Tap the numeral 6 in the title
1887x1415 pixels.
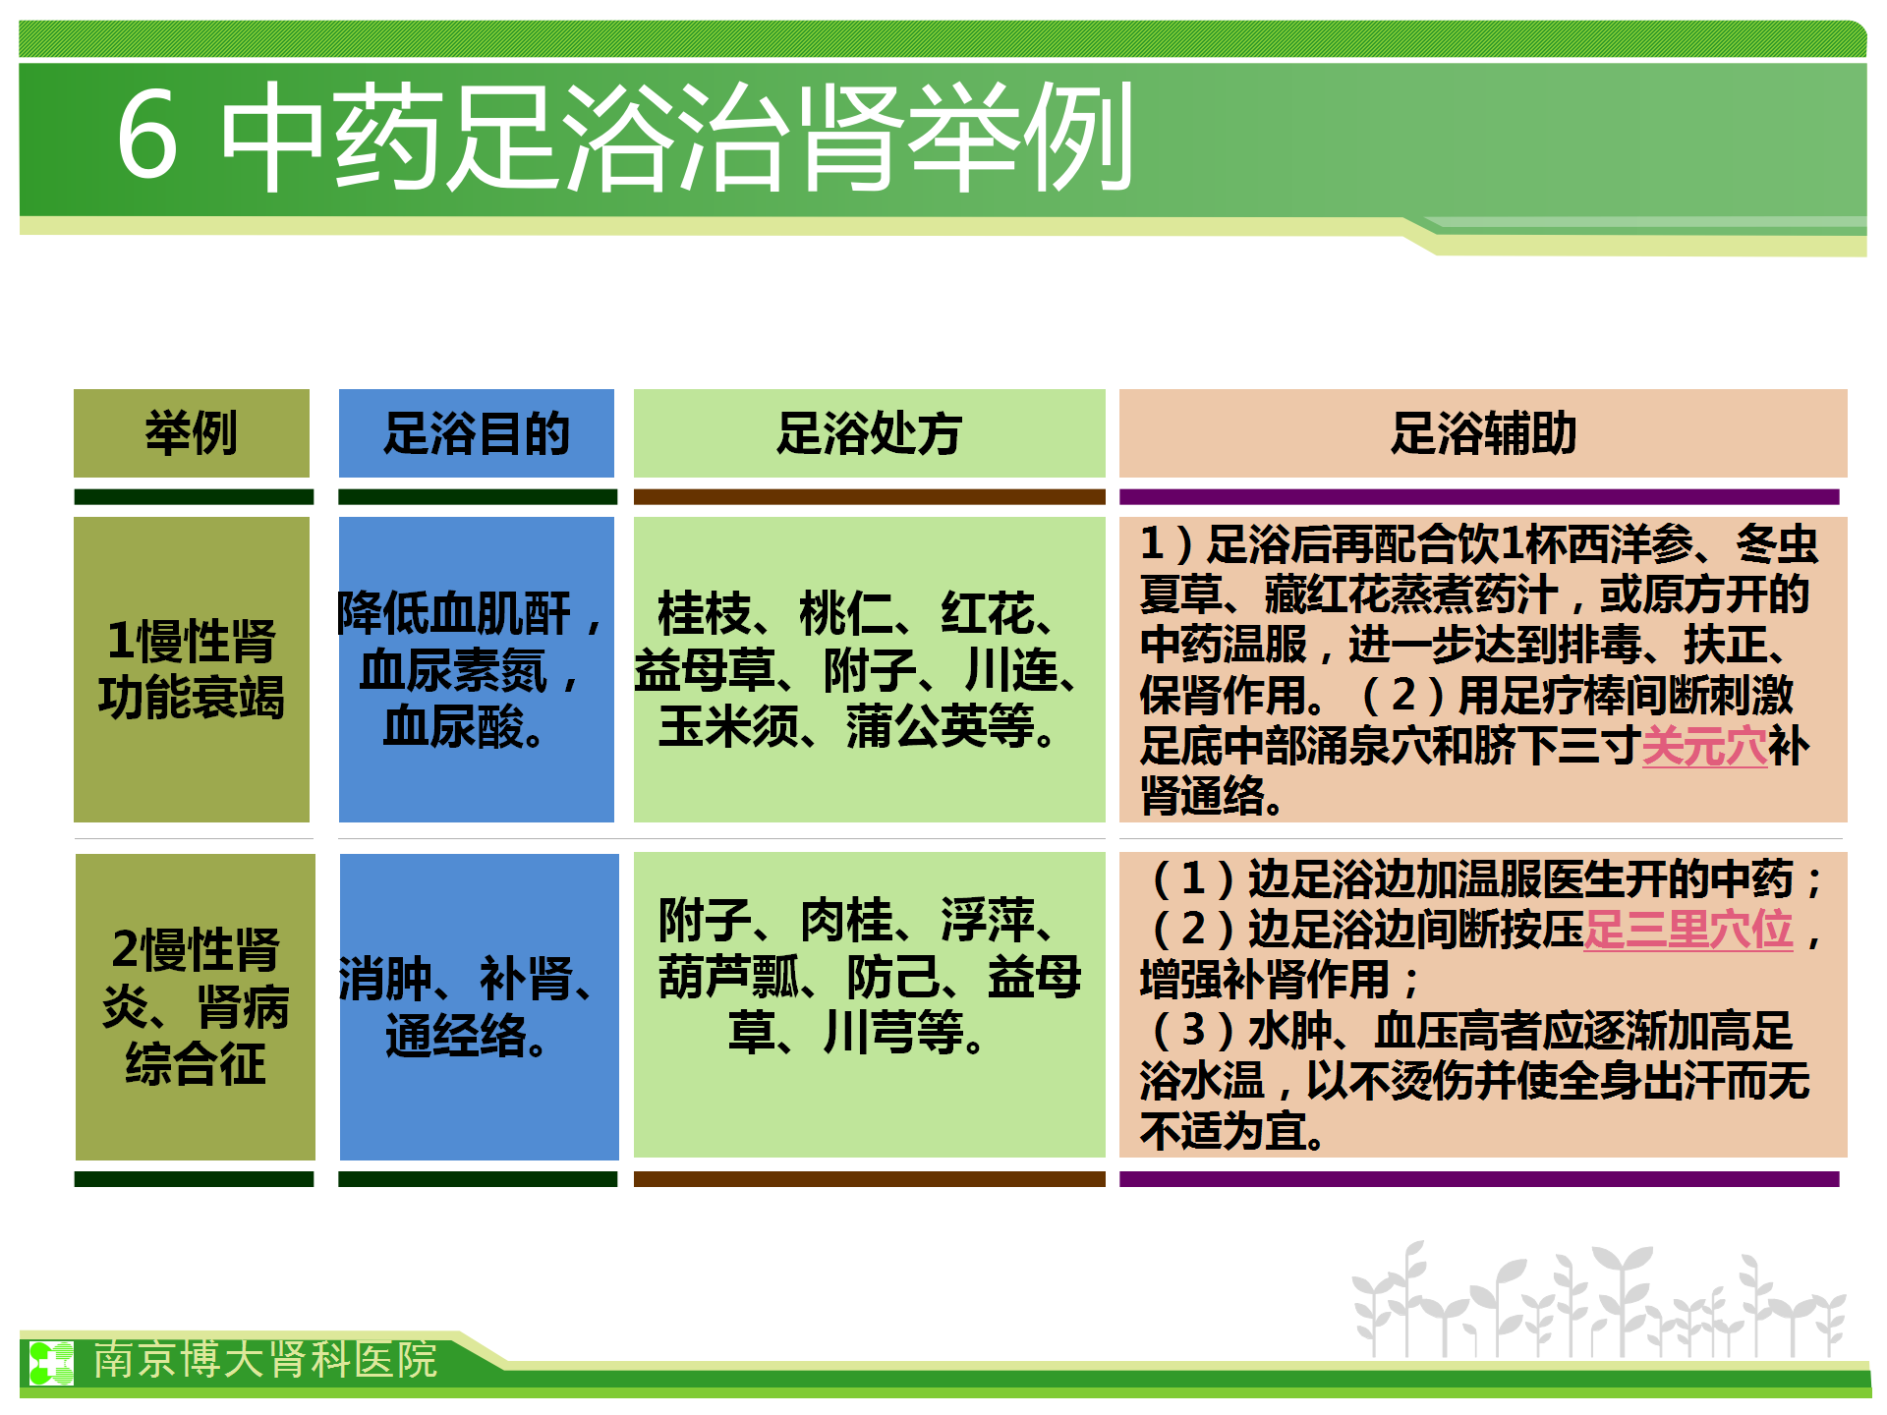coord(147,136)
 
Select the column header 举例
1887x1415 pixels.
coord(192,433)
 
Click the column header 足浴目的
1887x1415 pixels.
coord(477,433)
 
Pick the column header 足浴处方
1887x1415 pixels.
coord(870,433)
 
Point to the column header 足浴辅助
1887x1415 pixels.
coord(1483,433)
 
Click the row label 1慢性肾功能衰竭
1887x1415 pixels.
coord(192,669)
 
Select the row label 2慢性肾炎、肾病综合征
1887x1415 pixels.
coord(196,1006)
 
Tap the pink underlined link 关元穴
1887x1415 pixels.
coord(1704,746)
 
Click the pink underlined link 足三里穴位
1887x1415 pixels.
coord(1688,930)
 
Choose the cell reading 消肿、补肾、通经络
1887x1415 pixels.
coord(468,1006)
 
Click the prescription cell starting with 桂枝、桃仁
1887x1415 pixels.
coord(857,669)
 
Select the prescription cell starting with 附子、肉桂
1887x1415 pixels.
coord(870,976)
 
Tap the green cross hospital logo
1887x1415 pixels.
coord(51,1363)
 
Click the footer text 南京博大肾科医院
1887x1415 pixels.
coord(265,1360)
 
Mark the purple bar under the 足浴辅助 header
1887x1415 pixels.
coord(1479,496)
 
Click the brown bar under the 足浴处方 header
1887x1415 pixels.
coord(870,496)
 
